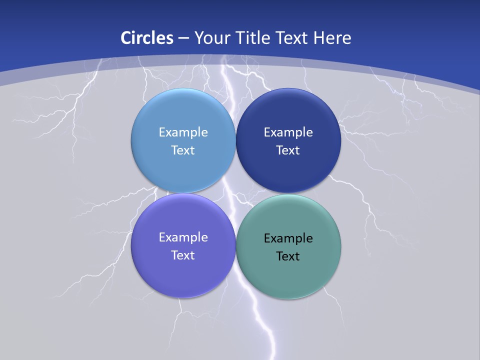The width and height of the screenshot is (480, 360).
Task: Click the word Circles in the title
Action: [146, 37]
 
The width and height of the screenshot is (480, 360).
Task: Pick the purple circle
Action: [183, 275]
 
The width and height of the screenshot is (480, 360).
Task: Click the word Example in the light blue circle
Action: [183, 132]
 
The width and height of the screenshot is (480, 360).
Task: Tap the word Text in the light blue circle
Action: [183, 150]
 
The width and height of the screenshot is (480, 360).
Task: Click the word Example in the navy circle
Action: [288, 132]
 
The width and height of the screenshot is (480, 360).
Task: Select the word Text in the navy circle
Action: [288, 150]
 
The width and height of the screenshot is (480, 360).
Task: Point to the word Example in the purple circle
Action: [183, 237]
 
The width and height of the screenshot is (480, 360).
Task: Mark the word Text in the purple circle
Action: [183, 255]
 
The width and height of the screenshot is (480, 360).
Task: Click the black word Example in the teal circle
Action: [288, 238]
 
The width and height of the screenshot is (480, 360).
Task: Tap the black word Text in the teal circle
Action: [288, 256]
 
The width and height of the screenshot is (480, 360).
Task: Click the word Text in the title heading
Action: [291, 37]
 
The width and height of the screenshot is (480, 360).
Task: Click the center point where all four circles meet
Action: [235, 193]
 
